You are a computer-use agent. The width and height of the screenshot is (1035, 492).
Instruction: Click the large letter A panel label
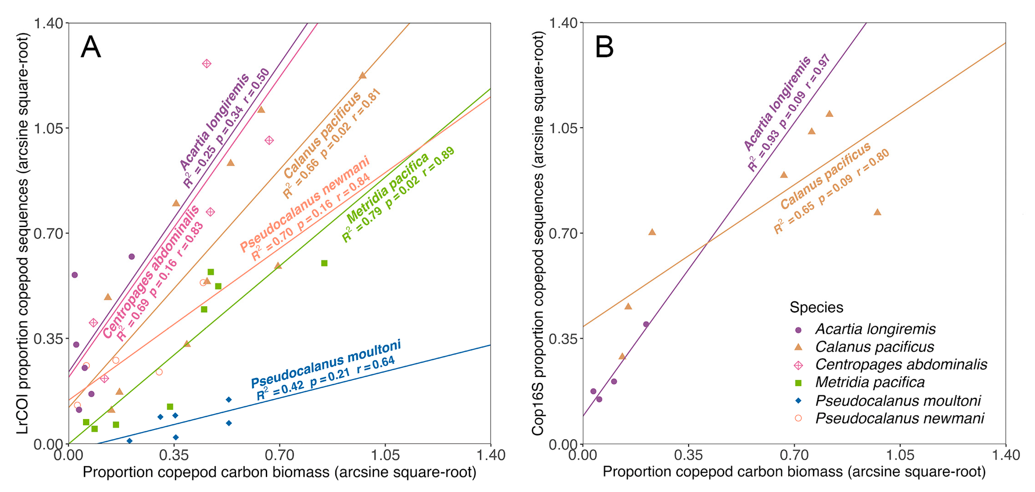(x=90, y=47)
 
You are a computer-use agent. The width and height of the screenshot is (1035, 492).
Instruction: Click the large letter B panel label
(x=604, y=47)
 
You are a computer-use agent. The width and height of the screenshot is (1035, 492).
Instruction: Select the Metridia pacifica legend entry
(x=869, y=382)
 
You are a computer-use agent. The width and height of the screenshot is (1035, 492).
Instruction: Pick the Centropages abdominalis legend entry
(x=901, y=365)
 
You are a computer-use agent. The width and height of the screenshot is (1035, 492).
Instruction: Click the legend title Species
(x=816, y=307)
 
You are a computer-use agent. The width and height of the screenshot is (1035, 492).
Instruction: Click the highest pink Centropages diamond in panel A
(x=206, y=64)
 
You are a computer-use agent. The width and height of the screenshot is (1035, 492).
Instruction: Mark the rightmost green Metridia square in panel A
(x=324, y=263)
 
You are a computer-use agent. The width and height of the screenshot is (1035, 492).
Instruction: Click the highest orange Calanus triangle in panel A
(x=362, y=75)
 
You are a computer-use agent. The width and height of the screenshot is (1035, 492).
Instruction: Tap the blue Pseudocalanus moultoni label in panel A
(x=326, y=364)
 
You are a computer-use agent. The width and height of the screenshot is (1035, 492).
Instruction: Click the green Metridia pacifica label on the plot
(x=388, y=188)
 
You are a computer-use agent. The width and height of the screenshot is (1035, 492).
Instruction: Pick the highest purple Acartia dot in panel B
(x=646, y=324)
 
